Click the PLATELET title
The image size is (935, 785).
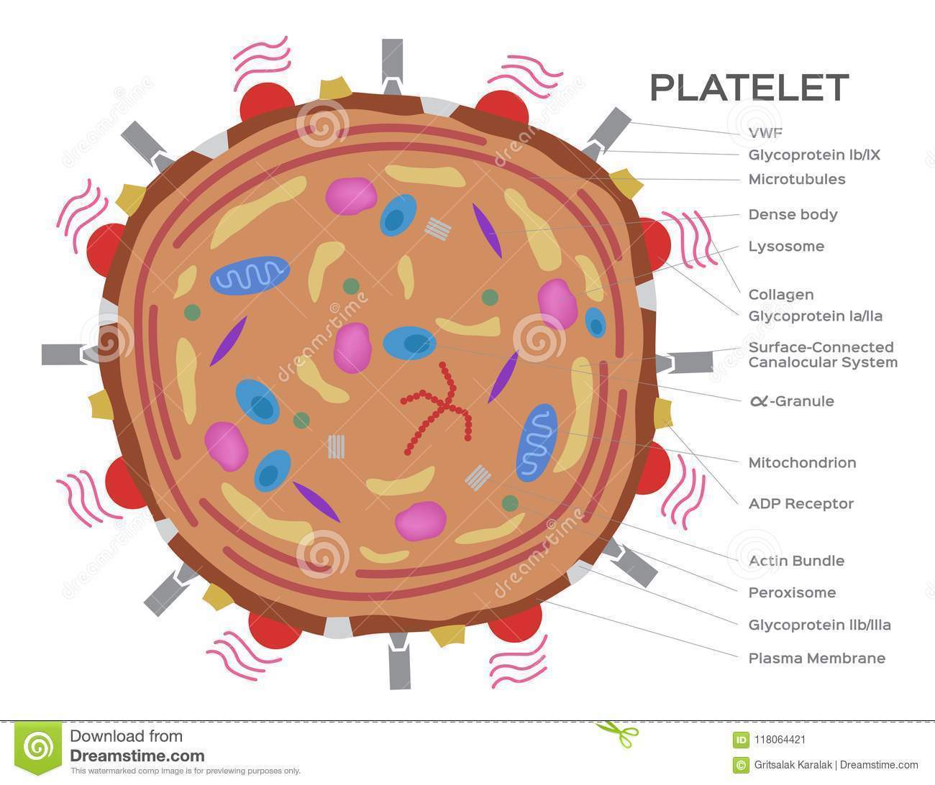[749, 87]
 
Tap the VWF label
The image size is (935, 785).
[765, 132]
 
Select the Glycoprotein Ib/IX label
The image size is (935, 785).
[814, 155]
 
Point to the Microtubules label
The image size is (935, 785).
[796, 179]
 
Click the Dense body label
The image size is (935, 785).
[793, 214]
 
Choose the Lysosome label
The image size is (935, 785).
[786, 247]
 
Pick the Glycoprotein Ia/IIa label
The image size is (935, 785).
[815, 316]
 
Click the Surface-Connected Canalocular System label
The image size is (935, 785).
[822, 355]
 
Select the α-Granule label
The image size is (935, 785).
[791, 401]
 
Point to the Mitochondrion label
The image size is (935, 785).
[802, 463]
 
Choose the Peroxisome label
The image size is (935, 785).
[792, 593]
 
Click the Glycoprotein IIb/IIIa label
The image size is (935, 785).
[819, 625]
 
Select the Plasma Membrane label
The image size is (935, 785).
[816, 658]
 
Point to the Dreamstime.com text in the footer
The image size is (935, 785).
[137, 756]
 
